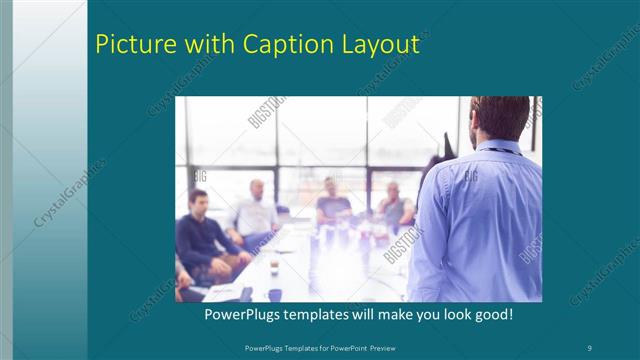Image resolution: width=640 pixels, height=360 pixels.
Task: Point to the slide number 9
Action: pos(590,347)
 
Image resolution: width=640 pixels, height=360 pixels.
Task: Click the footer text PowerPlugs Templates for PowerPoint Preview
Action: pos(320,347)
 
